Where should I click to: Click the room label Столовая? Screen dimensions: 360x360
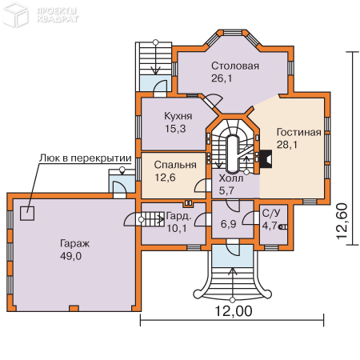pyautogui.click(x=235, y=66)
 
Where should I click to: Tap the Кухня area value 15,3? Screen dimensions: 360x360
pyautogui.click(x=175, y=129)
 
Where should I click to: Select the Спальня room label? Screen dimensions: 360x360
pyautogui.click(x=175, y=165)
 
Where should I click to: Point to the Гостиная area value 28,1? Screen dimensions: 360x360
pyautogui.click(x=287, y=145)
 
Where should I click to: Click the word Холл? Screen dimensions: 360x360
pyautogui.click(x=231, y=178)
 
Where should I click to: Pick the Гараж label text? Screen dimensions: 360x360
pyautogui.click(x=74, y=243)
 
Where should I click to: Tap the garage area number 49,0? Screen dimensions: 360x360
pyautogui.click(x=70, y=256)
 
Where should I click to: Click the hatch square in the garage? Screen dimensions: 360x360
pyautogui.click(x=27, y=214)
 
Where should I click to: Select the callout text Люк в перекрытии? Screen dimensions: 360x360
pyautogui.click(x=86, y=158)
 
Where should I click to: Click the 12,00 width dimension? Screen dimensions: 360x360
pyautogui.click(x=234, y=311)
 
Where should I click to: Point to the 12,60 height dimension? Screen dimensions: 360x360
pyautogui.click(x=342, y=221)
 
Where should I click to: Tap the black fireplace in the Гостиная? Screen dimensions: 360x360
pyautogui.click(x=266, y=159)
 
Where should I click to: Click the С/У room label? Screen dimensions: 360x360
pyautogui.click(x=271, y=214)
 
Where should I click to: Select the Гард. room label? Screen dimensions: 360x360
pyautogui.click(x=178, y=216)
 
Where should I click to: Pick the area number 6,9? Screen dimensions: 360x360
pyautogui.click(x=229, y=224)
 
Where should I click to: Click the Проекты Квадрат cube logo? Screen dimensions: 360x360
pyautogui.click(x=15, y=15)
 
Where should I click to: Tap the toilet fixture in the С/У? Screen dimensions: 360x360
pyautogui.click(x=282, y=227)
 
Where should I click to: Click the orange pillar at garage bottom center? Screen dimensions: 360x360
pyautogui.click(x=74, y=309)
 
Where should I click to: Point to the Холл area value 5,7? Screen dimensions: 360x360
pyautogui.click(x=226, y=190)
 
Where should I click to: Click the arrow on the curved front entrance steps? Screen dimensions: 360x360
pyautogui.click(x=233, y=285)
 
